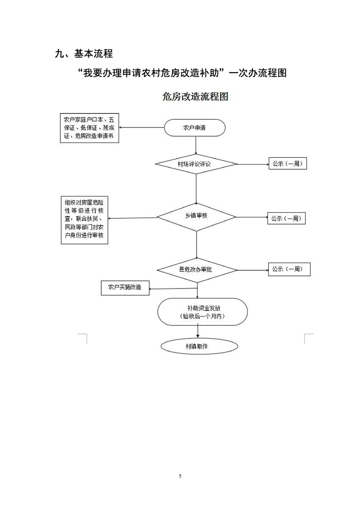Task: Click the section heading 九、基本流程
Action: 83,54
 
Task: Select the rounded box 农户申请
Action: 195,128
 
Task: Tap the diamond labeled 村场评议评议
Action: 196,164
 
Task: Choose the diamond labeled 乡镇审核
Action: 196,216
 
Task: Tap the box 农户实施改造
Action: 125,288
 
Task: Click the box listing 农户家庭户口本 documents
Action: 89,128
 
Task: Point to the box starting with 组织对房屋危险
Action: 85,220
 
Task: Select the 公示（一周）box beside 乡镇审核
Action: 286,218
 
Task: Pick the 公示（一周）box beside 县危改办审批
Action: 289,269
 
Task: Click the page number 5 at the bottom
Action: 180,476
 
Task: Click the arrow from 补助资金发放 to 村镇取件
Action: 197,332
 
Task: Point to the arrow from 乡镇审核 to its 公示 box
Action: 252,217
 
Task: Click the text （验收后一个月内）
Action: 202,316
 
